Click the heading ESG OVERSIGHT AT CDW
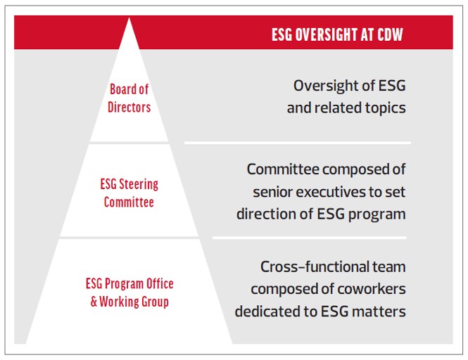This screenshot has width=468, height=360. [337, 34]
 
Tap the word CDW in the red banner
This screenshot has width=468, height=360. [390, 34]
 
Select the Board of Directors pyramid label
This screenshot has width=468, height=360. [129, 98]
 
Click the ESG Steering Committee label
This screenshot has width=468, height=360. [129, 193]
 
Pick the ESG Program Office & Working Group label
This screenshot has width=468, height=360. [129, 292]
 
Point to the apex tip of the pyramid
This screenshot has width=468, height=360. [129, 18]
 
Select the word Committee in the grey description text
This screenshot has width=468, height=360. [283, 169]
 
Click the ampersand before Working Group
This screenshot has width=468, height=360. [94, 302]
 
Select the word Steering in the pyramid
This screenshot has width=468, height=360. [139, 184]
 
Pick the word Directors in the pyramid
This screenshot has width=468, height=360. [129, 107]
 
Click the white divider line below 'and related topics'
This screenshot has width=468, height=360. [298, 143]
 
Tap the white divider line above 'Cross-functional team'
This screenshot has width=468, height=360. [310, 238]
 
